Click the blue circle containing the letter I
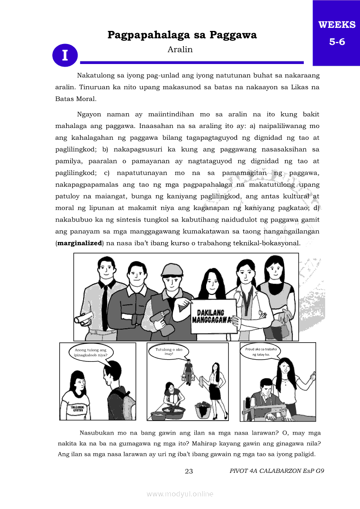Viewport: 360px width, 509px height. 65,55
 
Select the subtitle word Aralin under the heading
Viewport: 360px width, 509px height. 180,49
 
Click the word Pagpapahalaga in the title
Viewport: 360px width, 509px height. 146,35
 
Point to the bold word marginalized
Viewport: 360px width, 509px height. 79,243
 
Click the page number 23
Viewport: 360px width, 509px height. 189,471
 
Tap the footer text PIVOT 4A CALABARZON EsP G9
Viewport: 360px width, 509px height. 277,471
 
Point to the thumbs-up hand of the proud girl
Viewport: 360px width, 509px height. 313,374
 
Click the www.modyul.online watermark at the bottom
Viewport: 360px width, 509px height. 180,494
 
